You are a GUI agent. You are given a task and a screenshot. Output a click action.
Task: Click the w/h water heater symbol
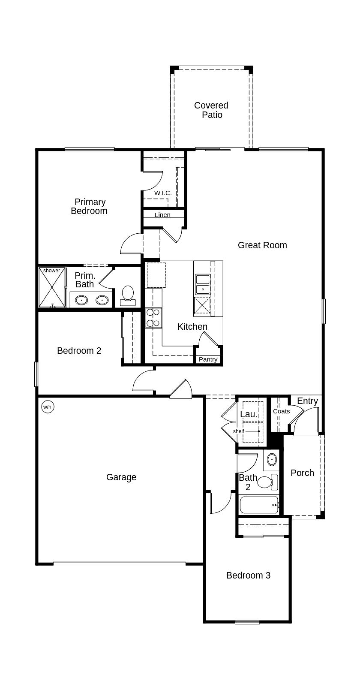(48, 407)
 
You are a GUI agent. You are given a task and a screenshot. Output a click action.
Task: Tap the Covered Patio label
(211, 110)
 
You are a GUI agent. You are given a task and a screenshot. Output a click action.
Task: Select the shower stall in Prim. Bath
(52, 287)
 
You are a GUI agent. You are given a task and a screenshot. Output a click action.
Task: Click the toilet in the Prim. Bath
(128, 295)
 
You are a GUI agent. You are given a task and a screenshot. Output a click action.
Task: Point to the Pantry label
(208, 359)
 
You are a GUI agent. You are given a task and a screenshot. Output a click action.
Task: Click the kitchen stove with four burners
(153, 318)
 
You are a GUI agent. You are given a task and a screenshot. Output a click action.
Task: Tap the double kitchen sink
(202, 285)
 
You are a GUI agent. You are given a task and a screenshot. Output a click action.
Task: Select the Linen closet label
(162, 215)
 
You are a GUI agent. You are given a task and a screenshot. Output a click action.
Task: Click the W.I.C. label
(163, 193)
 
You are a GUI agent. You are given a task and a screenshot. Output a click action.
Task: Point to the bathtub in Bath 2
(259, 505)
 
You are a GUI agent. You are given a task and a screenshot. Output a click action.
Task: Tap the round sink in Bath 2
(272, 460)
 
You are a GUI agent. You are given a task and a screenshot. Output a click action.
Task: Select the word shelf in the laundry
(239, 431)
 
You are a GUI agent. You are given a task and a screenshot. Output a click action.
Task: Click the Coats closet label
(281, 411)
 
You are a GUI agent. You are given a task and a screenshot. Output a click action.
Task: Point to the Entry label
(307, 401)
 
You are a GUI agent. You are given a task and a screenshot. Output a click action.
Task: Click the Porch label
(302, 473)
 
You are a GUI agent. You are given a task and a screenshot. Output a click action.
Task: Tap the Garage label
(121, 477)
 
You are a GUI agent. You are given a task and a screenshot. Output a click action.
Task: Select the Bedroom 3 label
(248, 576)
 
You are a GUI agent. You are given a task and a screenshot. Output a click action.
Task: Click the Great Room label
(262, 245)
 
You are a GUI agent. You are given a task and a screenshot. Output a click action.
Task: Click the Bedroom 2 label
(79, 351)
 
